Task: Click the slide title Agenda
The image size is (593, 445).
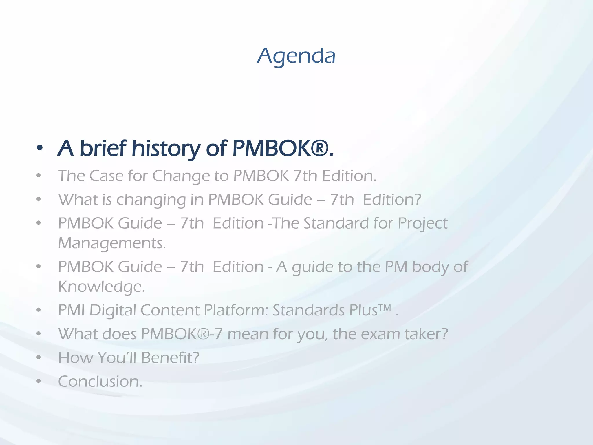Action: coord(296,56)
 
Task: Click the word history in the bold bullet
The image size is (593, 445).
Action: coord(166,149)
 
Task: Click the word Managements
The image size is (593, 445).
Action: coord(112,243)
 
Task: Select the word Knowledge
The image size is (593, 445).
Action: coord(101,287)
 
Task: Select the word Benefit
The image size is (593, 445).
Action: coord(170,358)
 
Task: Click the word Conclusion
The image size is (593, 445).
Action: coord(100,382)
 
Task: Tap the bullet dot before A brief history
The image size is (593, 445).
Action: coord(40,149)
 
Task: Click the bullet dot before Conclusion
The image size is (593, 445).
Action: coord(39,382)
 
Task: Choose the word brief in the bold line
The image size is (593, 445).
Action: coord(103,148)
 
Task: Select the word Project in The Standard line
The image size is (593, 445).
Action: coord(422,224)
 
